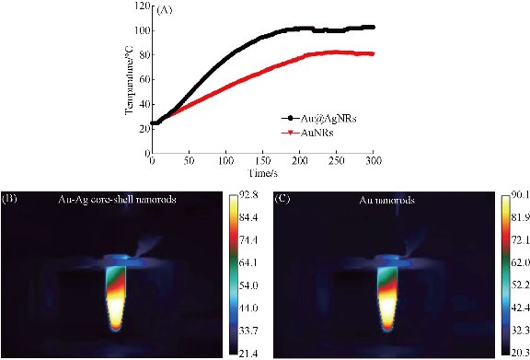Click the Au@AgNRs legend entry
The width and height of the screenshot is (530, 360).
[317, 119]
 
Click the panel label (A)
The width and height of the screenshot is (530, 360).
[165, 11]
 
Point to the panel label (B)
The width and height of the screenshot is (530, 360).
[13, 199]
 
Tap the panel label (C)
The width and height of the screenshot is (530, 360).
[287, 199]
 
